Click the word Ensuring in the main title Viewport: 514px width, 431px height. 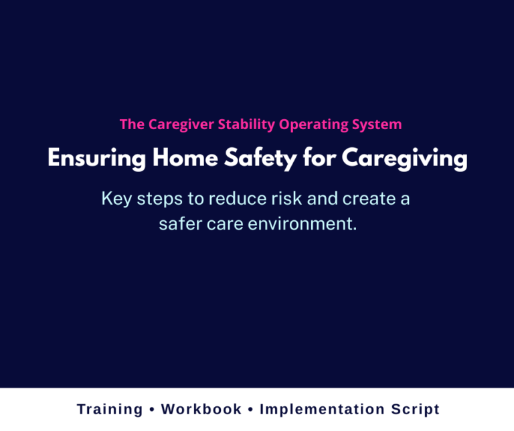[96, 160]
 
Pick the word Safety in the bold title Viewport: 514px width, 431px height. [260, 160]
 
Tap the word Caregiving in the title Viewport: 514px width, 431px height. [404, 160]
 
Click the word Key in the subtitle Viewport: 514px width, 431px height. [114, 199]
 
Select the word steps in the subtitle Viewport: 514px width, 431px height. [155, 199]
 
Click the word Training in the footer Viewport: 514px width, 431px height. [110, 410]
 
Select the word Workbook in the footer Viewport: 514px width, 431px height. [201, 410]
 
